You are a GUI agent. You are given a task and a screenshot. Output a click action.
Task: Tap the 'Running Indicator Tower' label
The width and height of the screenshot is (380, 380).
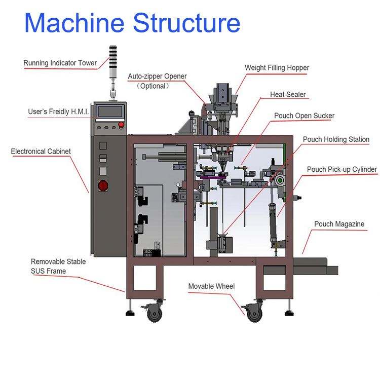tap(60, 63)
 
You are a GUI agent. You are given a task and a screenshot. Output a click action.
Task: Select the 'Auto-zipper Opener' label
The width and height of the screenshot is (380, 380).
tap(157, 77)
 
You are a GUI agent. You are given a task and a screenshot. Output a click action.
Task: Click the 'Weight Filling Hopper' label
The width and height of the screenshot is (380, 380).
tap(277, 67)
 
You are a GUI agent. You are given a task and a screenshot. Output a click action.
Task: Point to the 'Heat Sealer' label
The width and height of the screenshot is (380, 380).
tap(288, 95)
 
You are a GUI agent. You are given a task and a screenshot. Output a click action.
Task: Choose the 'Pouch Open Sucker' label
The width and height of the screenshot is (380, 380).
tap(304, 116)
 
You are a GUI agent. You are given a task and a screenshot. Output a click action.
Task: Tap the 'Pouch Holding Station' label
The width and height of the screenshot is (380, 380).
tap(336, 139)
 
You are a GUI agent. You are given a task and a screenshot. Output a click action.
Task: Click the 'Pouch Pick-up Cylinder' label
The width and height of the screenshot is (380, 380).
tap(342, 169)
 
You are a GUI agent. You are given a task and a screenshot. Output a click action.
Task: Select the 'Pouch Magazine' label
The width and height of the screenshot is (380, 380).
tap(339, 224)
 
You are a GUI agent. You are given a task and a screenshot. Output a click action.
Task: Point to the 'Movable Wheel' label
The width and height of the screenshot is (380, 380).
tap(211, 286)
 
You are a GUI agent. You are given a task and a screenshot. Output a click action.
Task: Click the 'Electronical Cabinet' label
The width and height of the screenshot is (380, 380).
tap(41, 151)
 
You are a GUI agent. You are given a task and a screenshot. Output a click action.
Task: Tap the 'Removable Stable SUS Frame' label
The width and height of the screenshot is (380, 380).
tap(58, 266)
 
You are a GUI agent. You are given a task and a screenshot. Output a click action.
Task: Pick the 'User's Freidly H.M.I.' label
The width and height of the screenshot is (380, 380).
tap(58, 111)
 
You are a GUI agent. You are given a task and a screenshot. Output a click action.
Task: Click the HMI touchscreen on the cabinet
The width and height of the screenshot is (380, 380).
tap(111, 111)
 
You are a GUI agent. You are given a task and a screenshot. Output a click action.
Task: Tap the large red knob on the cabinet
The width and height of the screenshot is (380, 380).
tap(103, 185)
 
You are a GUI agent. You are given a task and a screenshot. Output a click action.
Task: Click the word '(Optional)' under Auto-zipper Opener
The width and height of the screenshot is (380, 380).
tap(153, 86)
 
